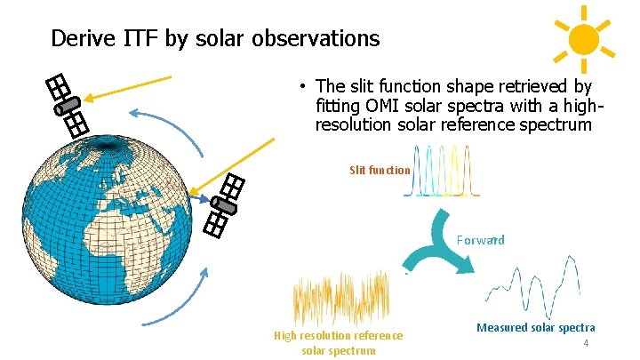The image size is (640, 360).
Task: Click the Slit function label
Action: coord(380,170)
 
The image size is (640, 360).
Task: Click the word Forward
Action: coord(481,240)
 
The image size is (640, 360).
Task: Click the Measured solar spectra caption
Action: coord(535,328)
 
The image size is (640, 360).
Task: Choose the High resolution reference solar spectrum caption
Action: coord(338,342)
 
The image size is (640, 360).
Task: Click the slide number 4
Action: coord(586,343)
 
